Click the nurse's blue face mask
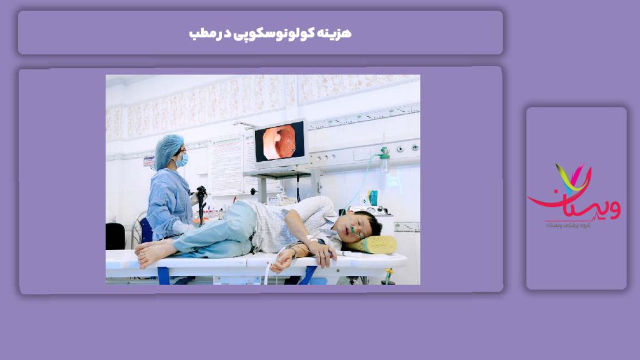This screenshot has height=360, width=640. tap(182, 159)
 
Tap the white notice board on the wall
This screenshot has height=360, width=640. tap(226, 165)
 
